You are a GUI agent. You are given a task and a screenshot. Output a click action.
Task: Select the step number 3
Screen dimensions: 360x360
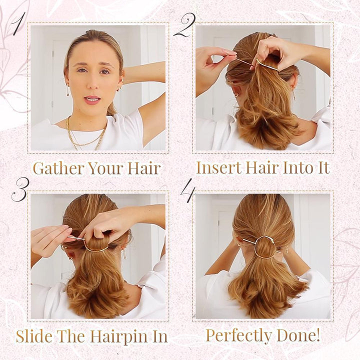19,188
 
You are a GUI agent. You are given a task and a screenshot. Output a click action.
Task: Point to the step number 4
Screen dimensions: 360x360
187,190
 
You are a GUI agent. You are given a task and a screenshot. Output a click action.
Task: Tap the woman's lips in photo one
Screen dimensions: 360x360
92,99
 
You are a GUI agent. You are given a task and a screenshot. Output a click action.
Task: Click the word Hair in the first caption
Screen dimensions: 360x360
144,168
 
